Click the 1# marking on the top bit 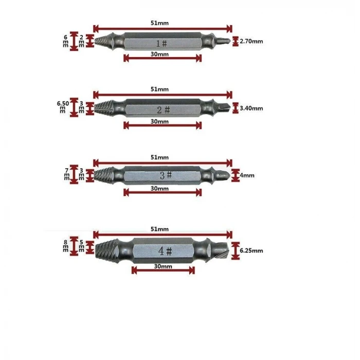click(161, 43)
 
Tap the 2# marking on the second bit click(163, 110)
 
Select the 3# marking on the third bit click(166, 175)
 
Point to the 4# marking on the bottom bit click(165, 251)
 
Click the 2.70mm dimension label click(251, 41)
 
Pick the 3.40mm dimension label click(251, 108)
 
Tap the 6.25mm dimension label click(251, 250)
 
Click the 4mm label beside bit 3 click(247, 175)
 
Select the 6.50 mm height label click(63, 107)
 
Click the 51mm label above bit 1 click(159, 23)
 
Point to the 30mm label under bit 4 click(163, 266)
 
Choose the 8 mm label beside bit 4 click(66, 246)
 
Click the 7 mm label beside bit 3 click(66, 174)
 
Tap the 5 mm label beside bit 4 click(81, 246)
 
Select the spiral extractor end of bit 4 click(107, 250)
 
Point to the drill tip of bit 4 click(220, 251)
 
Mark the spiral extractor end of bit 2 click(104, 108)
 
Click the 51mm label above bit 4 click(159, 229)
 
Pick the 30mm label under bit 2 click(159, 121)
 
